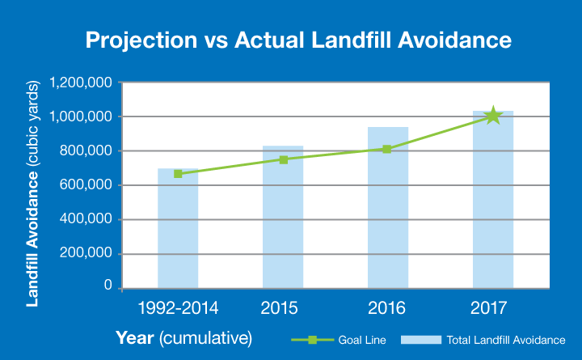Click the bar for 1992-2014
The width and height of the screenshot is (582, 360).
(x=178, y=231)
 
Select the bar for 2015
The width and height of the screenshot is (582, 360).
(x=283, y=218)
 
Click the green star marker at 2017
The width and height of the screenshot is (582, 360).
(x=492, y=116)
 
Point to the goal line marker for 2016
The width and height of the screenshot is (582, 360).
(x=387, y=149)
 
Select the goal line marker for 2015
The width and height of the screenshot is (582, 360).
(x=283, y=159)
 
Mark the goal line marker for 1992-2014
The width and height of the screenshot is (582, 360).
(x=178, y=173)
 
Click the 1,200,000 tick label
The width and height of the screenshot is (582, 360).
(x=80, y=83)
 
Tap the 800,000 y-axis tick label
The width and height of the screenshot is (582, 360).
(x=86, y=150)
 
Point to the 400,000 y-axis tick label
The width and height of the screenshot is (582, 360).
(x=86, y=218)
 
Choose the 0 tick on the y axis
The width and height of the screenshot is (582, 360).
(x=108, y=286)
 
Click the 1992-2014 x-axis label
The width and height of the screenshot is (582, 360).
(x=178, y=307)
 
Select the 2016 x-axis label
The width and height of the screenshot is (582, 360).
(x=387, y=307)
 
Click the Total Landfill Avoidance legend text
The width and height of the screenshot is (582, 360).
(x=506, y=341)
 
